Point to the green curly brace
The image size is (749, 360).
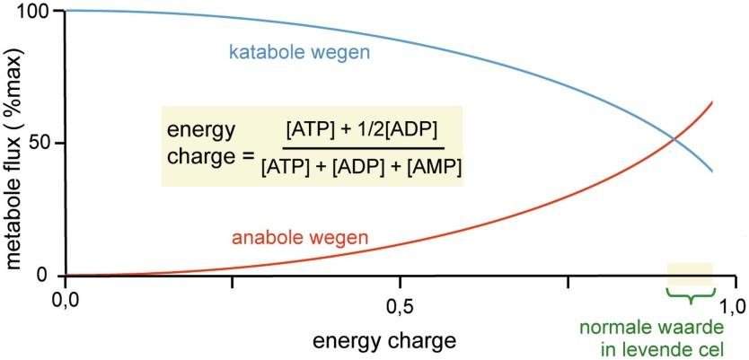[690, 294]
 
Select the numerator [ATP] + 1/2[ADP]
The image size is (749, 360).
[363, 129]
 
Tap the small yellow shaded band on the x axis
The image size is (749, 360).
[690, 275]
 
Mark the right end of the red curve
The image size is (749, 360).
[713, 102]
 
